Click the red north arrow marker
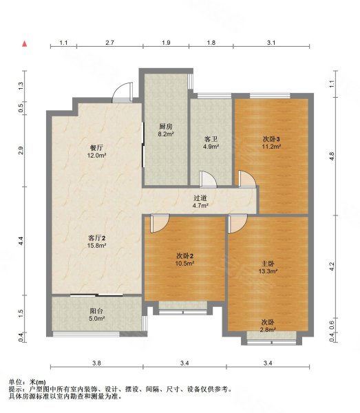[25, 43]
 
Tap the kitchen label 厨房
[166, 127]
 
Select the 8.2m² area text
[166, 134]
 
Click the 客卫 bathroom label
[211, 139]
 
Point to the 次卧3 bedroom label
[271, 139]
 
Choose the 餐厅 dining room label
[96, 148]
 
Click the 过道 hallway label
[200, 198]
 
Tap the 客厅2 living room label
[96, 238]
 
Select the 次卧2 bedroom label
[185, 256]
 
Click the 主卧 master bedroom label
[268, 264]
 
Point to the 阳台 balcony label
[96, 311]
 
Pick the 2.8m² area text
[268, 330]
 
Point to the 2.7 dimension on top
[110, 43]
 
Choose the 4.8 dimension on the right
[332, 156]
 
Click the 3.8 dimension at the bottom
[96, 363]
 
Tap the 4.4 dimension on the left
[21, 241]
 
